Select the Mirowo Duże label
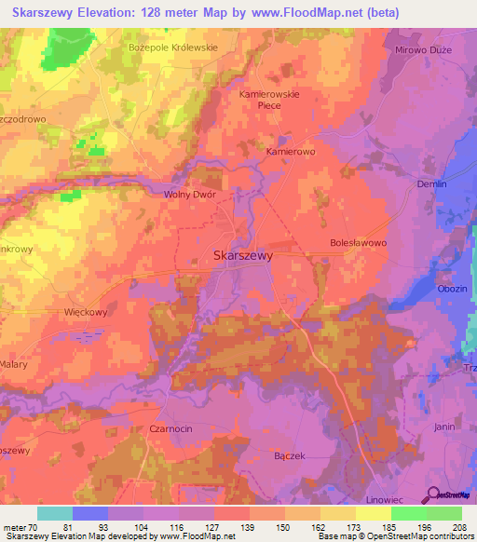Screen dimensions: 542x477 point(423,49)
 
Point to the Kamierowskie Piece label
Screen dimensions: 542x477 point(273,100)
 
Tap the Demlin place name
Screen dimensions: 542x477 point(432,184)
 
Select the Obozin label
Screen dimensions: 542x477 point(452,289)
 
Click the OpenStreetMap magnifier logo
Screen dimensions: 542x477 point(432,495)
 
